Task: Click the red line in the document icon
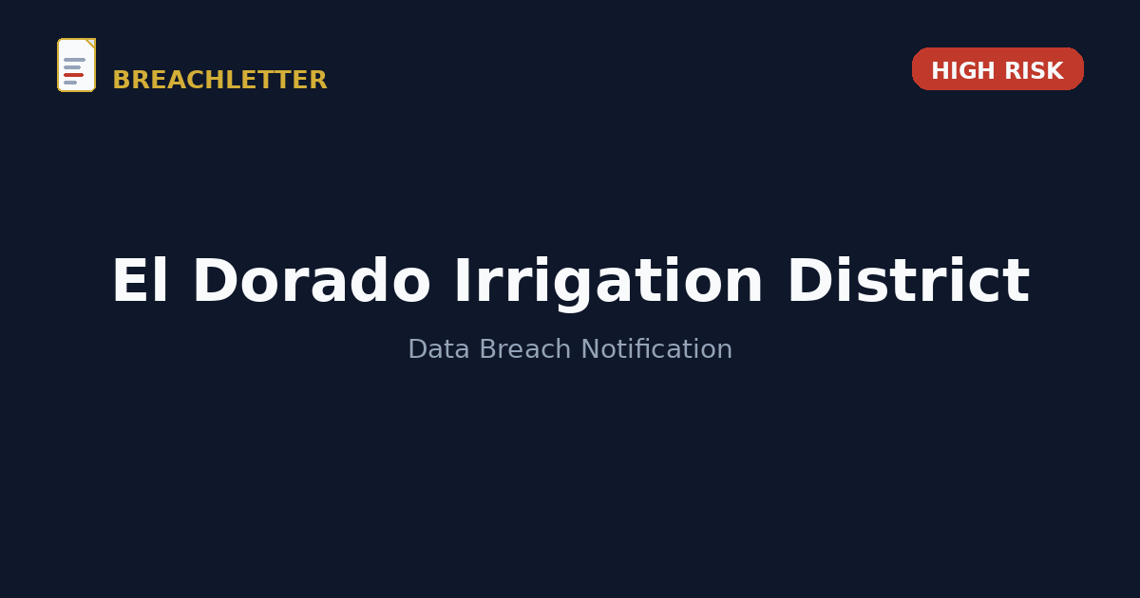coord(74,75)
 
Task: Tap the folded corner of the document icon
coord(91,43)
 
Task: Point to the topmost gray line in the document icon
coord(74,60)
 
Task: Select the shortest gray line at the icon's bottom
coord(70,83)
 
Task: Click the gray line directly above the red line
coord(72,67)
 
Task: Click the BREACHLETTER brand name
coord(219,80)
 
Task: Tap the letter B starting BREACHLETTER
coord(122,80)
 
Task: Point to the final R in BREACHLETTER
coord(318,80)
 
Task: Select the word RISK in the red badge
coord(1035,70)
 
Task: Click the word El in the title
coord(140,281)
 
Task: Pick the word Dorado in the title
coord(312,281)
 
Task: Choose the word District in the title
coord(909,281)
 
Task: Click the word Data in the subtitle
coord(439,349)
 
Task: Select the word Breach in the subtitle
coord(525,349)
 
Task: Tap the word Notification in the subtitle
coord(656,349)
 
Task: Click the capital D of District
coord(810,281)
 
